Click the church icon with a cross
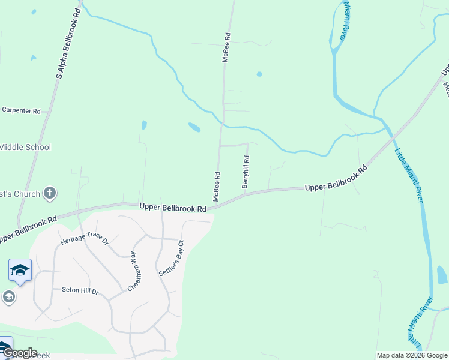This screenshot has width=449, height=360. click(50, 193)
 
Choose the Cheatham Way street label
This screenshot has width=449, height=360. click(135, 271)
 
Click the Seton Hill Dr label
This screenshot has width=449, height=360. click(80, 290)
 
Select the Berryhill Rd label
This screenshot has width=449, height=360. click(246, 172)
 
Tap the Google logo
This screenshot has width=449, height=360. click(19, 353)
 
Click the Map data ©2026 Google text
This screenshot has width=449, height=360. click(411, 355)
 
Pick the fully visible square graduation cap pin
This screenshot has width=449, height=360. click(20, 271)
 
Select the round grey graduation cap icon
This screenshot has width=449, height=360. click(8, 296)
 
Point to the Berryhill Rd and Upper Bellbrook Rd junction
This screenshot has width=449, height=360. click(247, 193)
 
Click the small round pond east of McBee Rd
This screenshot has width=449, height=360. click(259, 74)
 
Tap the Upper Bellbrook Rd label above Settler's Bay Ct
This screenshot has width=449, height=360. click(173, 208)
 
